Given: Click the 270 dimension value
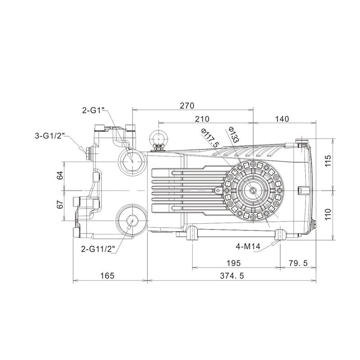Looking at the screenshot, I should (x=186, y=106).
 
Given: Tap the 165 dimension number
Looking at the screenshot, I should (x=107, y=276).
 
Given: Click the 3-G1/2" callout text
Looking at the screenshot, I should (x=50, y=135).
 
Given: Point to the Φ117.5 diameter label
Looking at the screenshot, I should (x=210, y=138).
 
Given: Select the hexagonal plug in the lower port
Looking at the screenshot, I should (x=132, y=220).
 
